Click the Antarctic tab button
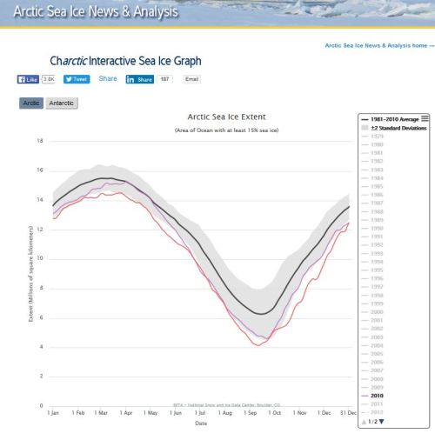click(x=61, y=103)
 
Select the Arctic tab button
click(x=31, y=103)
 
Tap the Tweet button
click(x=77, y=79)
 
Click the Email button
click(x=191, y=79)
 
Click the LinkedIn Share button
click(x=140, y=79)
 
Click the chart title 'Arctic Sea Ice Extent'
click(x=226, y=117)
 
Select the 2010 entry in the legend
click(x=379, y=394)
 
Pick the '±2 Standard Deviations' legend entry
click(x=390, y=127)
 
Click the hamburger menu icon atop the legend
click(x=425, y=118)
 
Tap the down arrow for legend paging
click(x=380, y=422)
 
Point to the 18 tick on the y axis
click(x=40, y=140)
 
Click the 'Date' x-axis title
click(x=202, y=424)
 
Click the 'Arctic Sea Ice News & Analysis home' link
click(x=377, y=45)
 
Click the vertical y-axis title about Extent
click(x=31, y=273)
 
